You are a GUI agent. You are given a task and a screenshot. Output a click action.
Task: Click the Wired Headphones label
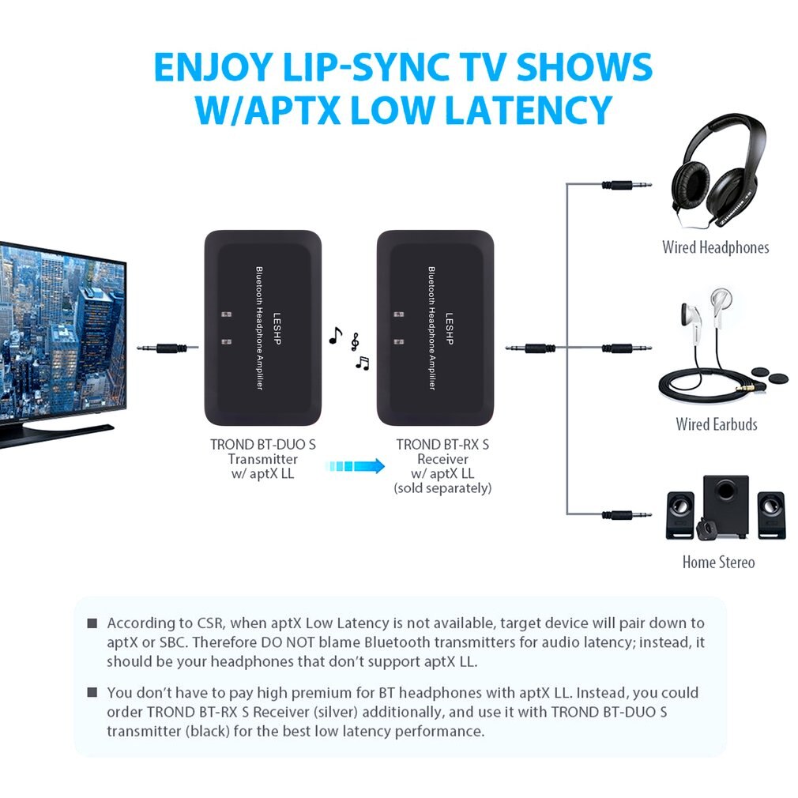pyautogui.click(x=715, y=247)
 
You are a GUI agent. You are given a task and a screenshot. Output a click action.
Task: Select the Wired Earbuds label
pyautogui.click(x=716, y=424)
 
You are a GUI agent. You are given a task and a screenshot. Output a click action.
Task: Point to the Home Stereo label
pyautogui.click(x=718, y=563)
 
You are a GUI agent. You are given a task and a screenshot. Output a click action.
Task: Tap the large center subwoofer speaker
pyautogui.click(x=725, y=506)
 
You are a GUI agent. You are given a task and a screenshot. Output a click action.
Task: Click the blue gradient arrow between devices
pyautogui.click(x=355, y=466)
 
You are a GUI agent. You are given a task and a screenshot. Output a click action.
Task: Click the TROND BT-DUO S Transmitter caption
pyautogui.click(x=263, y=459)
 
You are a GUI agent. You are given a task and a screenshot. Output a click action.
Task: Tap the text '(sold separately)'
pyautogui.click(x=442, y=489)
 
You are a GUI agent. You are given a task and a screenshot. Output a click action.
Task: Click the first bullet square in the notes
pyautogui.click(x=92, y=624)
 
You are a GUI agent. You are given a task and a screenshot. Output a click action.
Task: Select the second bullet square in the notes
pyautogui.click(x=92, y=693)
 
